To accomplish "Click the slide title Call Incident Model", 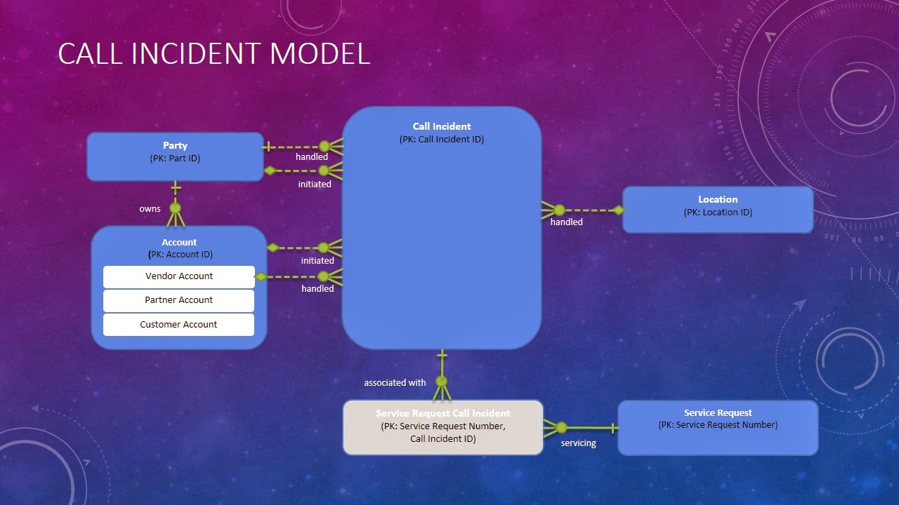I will [214, 55].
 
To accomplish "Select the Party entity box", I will [175, 156].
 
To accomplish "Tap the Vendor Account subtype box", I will [178, 276].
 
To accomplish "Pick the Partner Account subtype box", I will [178, 300].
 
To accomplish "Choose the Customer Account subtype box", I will [178, 325].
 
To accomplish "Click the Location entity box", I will [717, 209].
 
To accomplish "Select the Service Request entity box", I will [717, 428].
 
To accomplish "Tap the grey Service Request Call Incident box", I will [442, 427].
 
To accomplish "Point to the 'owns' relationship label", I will [150, 208].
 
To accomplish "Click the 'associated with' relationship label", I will [395, 382].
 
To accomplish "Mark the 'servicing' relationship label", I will [578, 443].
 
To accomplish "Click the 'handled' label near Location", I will [566, 222].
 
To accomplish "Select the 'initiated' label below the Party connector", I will [314, 184].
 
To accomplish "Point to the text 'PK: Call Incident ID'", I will [442, 140].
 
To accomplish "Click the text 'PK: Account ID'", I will [181, 255].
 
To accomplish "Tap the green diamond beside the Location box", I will [617, 210].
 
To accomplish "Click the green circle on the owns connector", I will [175, 208].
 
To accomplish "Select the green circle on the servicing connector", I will [561, 427].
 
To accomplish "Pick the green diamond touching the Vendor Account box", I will [261, 276].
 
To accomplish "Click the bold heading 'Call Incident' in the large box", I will [442, 126].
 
